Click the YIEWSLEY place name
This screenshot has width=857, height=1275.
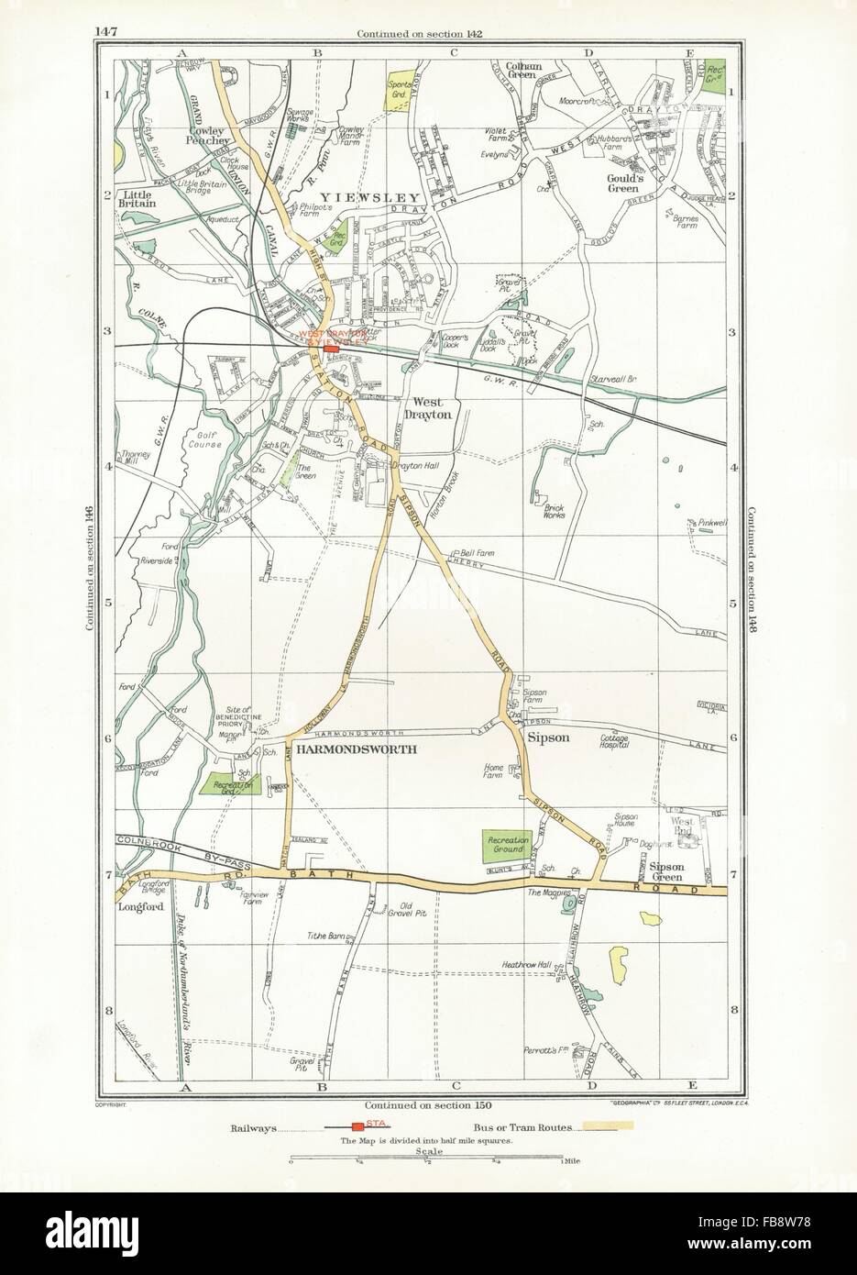[368, 196]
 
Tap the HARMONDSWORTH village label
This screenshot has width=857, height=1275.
[366, 749]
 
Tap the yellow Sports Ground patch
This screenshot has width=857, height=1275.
[400, 90]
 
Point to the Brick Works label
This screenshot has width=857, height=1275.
[553, 509]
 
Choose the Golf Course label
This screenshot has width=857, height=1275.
[210, 438]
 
